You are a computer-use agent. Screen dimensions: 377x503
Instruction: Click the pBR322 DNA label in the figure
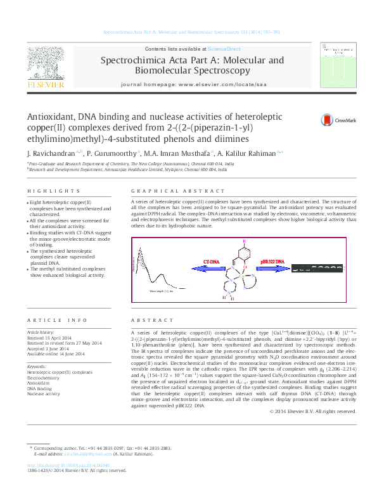273,261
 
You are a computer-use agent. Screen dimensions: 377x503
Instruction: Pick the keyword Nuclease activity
44,376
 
